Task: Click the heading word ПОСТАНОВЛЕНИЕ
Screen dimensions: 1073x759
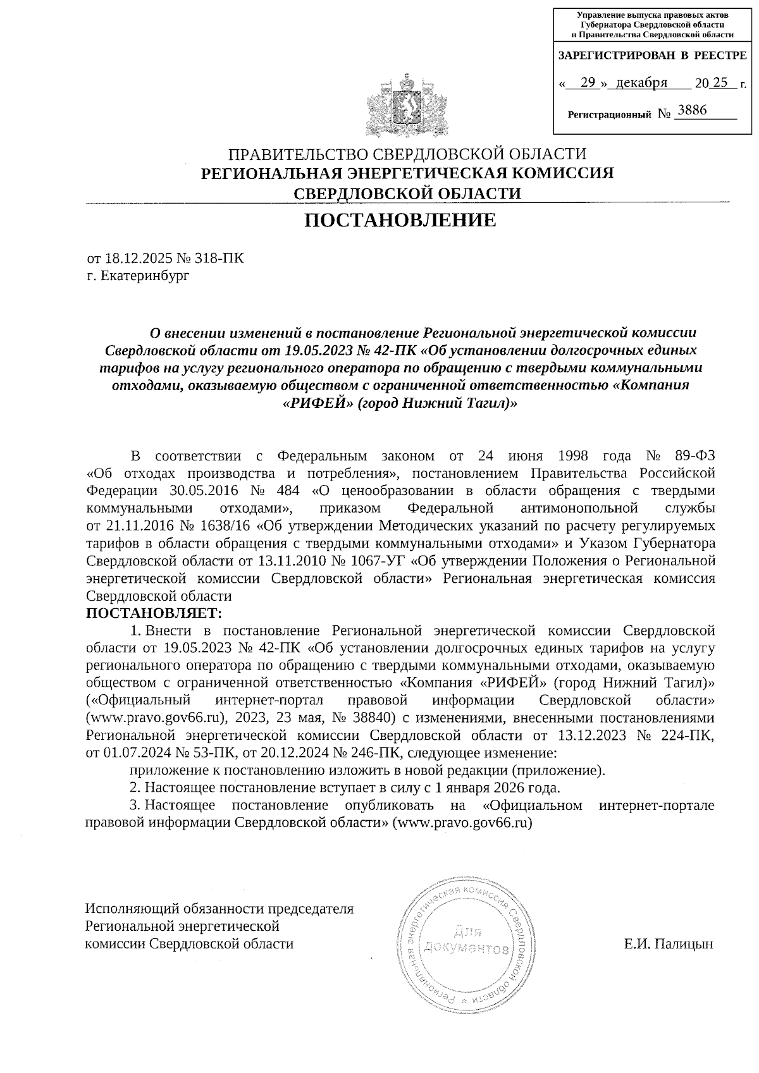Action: coord(401,221)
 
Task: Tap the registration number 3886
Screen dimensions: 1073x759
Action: coord(691,111)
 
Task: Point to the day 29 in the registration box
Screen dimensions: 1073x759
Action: coord(588,83)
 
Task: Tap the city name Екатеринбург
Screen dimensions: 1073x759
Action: coord(145,276)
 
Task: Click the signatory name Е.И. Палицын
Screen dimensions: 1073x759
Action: coord(669,944)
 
